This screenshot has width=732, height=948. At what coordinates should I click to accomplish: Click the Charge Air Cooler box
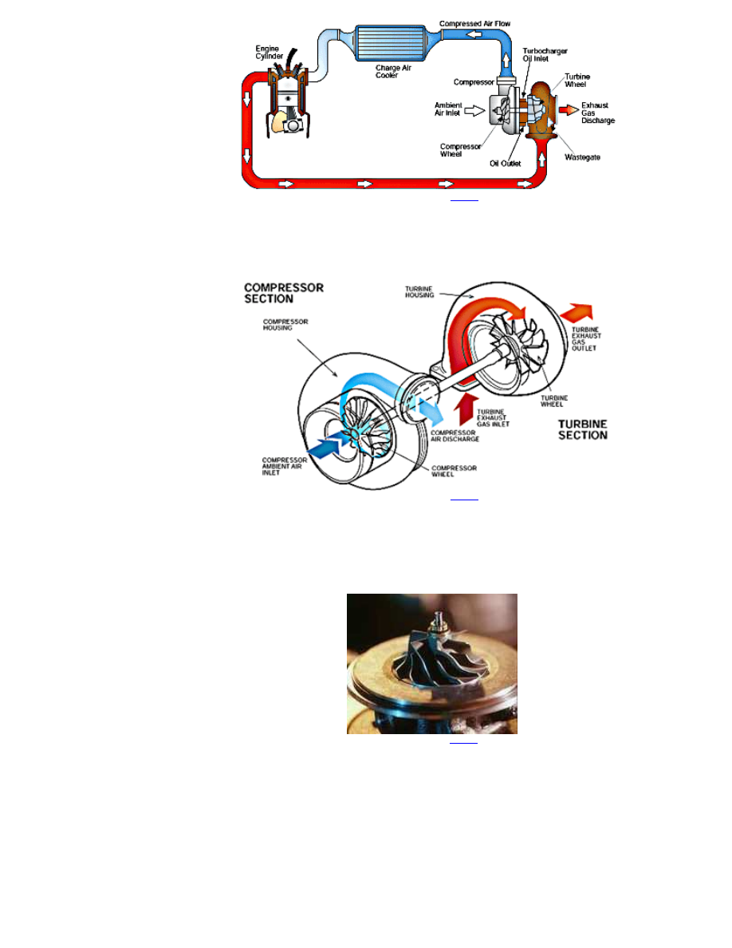point(391,43)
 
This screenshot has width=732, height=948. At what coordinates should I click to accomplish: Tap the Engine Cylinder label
point(269,53)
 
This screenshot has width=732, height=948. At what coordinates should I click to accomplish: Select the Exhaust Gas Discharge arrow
point(569,110)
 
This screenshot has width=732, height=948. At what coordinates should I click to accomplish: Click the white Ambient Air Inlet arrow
point(474,111)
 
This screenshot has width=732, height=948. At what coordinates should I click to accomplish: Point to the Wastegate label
point(582,157)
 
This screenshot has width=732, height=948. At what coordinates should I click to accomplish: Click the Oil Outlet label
point(505,164)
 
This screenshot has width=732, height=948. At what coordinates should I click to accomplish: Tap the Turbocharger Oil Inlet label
point(545,55)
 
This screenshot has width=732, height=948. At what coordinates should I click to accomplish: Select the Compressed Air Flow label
point(474,24)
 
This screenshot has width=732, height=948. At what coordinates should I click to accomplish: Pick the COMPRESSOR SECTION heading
point(284,293)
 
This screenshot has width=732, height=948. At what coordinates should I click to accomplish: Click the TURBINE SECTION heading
point(583,430)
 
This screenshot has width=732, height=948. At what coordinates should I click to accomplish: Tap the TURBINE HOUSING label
point(419,292)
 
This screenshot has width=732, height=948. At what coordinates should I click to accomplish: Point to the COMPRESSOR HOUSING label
point(285,325)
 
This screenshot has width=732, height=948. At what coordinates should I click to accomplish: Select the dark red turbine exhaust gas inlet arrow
point(466,409)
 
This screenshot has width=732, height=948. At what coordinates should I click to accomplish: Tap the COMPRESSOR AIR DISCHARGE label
point(455,436)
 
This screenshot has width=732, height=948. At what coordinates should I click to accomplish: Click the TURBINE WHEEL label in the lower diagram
point(554,401)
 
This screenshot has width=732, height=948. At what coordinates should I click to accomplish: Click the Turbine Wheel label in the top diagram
point(577,81)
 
